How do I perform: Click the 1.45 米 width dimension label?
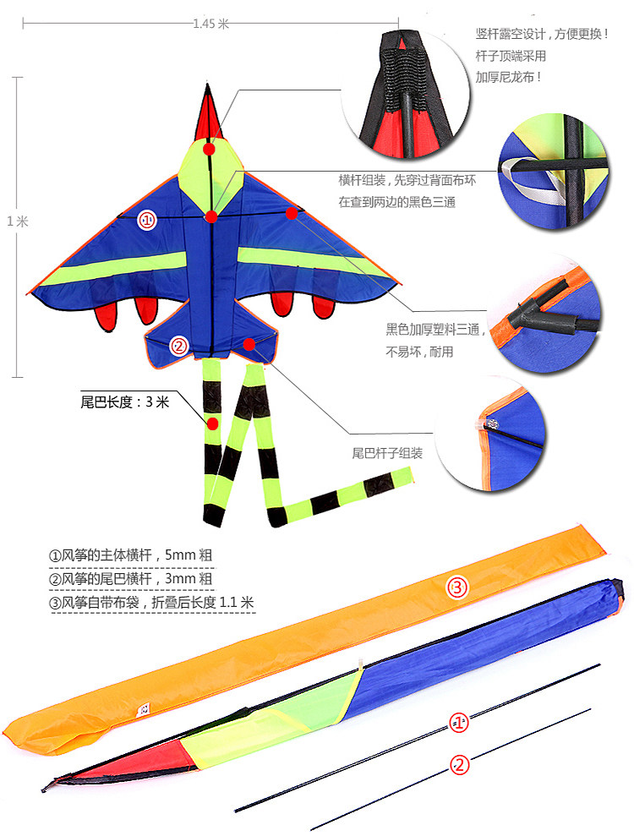click(210, 24)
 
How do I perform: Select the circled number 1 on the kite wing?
click(147, 221)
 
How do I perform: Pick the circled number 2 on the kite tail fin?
click(178, 345)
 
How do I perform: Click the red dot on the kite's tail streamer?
click(213, 422)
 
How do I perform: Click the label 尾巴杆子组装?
click(386, 453)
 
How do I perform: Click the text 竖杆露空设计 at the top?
click(541, 35)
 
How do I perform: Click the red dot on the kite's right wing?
click(292, 213)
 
